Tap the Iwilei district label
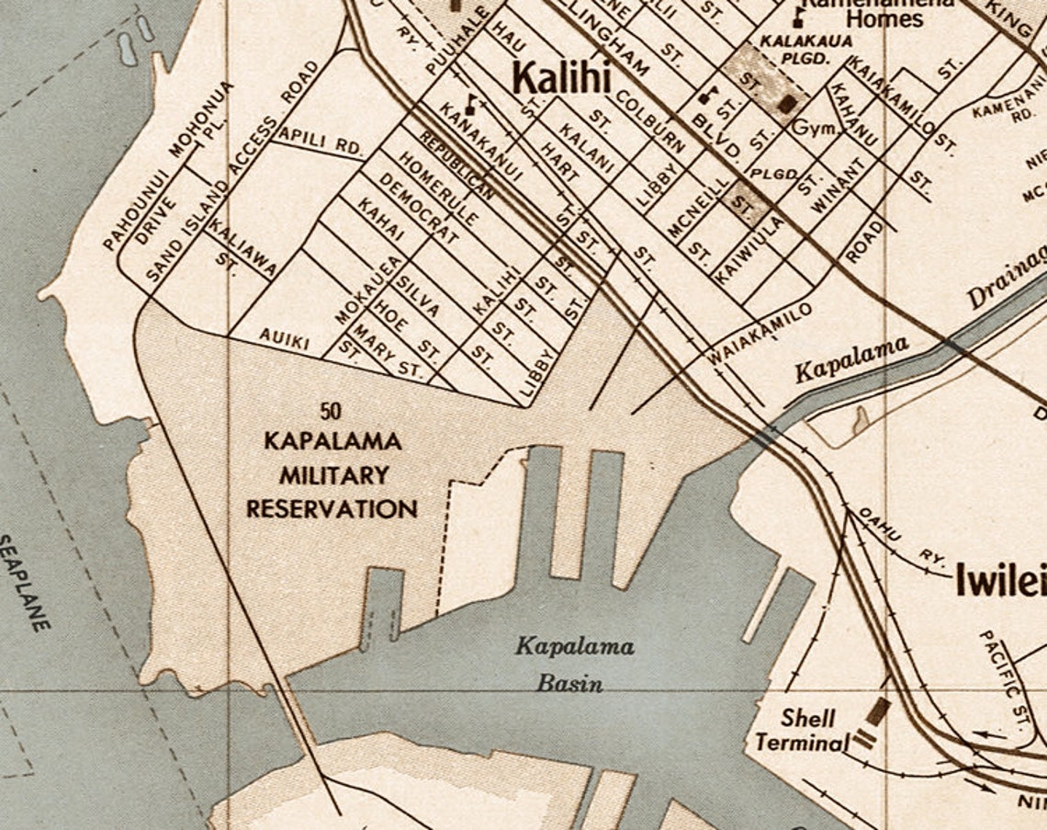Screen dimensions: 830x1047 [x=1000, y=581]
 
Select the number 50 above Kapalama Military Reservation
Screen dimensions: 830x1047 [x=332, y=411]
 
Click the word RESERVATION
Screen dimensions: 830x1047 [x=332, y=508]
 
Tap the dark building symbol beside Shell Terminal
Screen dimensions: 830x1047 [x=877, y=712]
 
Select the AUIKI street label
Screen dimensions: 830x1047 [x=284, y=338]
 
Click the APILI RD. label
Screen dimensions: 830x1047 [x=321, y=141]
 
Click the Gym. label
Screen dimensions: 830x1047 [x=816, y=128]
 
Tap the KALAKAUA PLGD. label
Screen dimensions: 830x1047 [x=805, y=50]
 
